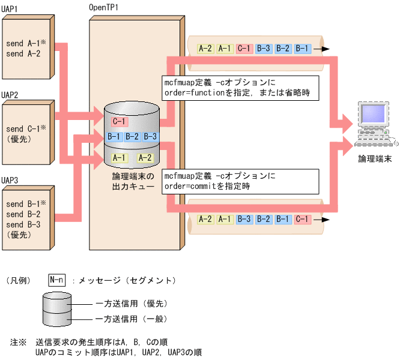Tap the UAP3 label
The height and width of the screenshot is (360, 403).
[x=10, y=179]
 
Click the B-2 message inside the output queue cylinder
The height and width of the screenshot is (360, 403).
[x=132, y=137]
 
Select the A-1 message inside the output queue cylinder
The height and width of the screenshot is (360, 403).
[x=118, y=158]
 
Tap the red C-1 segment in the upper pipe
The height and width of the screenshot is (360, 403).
[x=244, y=49]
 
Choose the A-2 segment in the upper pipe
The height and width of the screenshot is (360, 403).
[x=205, y=49]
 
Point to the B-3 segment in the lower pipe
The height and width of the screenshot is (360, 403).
[x=244, y=219]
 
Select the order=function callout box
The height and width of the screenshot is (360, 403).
[x=240, y=88]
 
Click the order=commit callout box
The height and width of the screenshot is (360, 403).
[x=240, y=181]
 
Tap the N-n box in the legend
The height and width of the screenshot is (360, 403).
[x=56, y=280]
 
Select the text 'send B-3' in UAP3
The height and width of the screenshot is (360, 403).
[x=23, y=223]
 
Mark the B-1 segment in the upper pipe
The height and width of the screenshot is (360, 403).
[x=301, y=49]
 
